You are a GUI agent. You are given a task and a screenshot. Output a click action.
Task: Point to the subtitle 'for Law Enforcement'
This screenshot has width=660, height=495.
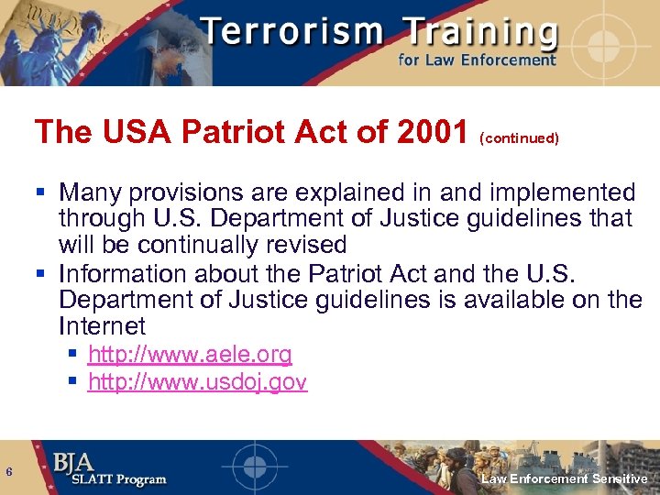[x=477, y=60]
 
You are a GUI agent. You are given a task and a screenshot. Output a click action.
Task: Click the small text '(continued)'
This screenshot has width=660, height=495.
[x=519, y=138]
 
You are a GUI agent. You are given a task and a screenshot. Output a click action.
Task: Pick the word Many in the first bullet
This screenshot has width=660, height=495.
[x=91, y=192]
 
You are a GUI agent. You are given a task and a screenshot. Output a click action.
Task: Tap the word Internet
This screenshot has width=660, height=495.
[x=102, y=325]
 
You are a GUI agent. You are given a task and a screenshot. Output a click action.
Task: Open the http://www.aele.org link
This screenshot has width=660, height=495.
[x=190, y=355]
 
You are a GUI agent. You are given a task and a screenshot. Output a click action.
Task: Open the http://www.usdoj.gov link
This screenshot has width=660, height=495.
[x=197, y=382]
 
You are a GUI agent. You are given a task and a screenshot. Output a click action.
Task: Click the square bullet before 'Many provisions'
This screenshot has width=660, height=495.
[x=42, y=193]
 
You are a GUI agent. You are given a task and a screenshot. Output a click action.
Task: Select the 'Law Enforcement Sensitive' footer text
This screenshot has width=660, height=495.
[x=565, y=478]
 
